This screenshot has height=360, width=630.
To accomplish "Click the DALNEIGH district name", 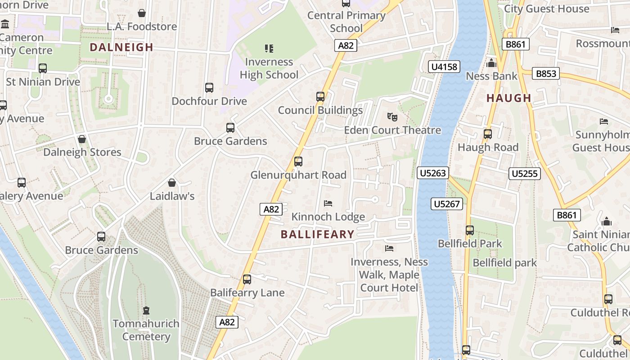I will (x=121, y=47).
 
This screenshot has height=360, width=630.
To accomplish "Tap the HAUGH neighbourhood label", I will (x=509, y=98).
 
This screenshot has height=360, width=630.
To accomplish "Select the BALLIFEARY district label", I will (x=318, y=234).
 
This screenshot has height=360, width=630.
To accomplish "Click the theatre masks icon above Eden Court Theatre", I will (x=392, y=117).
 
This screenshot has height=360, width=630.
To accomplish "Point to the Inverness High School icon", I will (x=269, y=49).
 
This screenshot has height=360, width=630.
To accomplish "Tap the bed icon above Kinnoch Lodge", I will (x=328, y=203).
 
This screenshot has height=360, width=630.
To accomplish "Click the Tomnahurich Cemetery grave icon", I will (x=146, y=310).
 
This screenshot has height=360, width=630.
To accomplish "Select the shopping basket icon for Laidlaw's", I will (x=171, y=183).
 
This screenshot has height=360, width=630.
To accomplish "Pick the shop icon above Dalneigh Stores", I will (x=82, y=139).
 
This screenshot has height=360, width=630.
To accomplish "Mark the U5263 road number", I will (x=433, y=173).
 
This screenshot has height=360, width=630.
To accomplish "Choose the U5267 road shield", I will (x=446, y=204).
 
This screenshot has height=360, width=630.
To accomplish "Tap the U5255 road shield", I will (x=525, y=173).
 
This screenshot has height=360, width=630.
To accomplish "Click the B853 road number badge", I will (x=546, y=73).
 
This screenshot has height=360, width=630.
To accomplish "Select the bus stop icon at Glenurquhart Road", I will (x=298, y=162).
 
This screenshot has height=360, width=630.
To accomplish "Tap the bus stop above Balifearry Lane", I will (x=247, y=279).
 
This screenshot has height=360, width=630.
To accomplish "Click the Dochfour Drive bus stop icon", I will (x=209, y=88).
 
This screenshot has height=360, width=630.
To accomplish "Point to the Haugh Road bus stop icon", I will (x=488, y=134).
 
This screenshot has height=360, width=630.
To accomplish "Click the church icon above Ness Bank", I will (x=491, y=63).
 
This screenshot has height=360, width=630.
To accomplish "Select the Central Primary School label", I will (x=346, y=22).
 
